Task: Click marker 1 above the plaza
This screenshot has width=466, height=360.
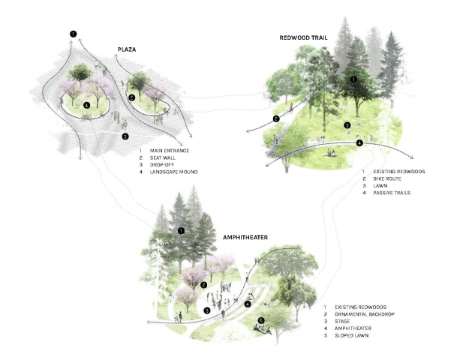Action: pos(73,34)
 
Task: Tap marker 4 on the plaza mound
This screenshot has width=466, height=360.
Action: pos(88,106)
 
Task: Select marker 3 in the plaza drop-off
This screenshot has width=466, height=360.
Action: pos(125,136)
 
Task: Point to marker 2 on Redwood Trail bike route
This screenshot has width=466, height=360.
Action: pos(277,118)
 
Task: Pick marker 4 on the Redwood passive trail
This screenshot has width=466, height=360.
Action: pos(359,142)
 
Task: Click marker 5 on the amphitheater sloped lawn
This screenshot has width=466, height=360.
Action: pos(261,321)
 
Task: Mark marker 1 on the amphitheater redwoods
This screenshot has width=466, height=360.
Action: pos(181,232)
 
